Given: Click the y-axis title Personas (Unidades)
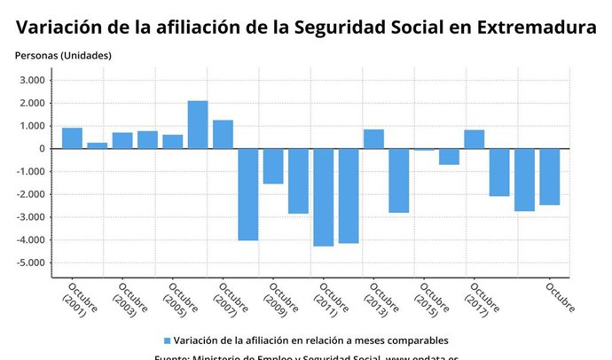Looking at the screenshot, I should tap(63, 56).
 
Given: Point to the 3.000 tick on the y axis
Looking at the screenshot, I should tap(32, 81).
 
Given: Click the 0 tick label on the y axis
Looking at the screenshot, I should tap(41, 149).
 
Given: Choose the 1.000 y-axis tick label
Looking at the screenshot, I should tap(32, 126).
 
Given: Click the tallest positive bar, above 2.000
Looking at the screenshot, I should tap(198, 124).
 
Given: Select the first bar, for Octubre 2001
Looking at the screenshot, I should tap(72, 138).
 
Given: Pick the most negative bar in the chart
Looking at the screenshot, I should tap(324, 197).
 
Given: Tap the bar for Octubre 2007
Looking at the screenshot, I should tap(223, 134).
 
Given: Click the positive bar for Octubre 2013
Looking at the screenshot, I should tap(373, 139).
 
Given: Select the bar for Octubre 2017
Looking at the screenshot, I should tap(475, 139).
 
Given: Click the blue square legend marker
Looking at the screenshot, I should tap(166, 340).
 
